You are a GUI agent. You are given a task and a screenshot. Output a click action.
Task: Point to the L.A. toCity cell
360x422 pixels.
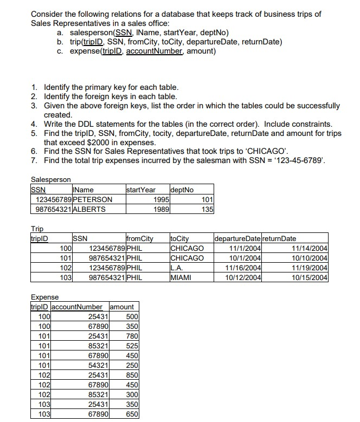(177, 268)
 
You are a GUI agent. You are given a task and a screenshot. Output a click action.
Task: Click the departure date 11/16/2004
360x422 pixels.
(245, 268)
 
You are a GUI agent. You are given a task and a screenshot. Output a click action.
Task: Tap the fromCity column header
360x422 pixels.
(139, 238)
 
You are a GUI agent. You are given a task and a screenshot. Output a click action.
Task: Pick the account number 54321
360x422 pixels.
(98, 365)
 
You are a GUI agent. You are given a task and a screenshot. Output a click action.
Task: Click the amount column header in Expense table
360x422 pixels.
(122, 307)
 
